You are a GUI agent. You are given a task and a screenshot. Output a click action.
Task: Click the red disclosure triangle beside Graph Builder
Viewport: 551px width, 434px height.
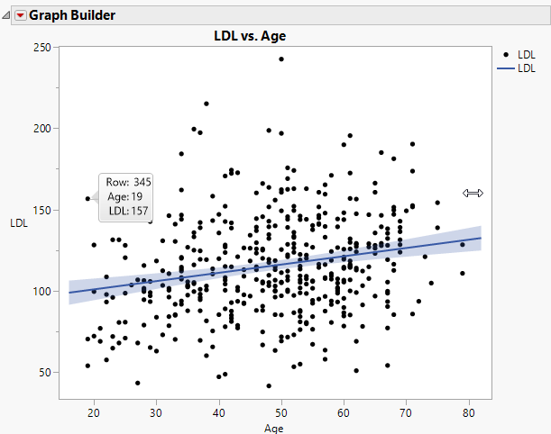pos(20,15)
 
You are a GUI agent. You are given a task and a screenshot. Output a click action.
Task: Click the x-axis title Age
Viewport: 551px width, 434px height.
pos(273,429)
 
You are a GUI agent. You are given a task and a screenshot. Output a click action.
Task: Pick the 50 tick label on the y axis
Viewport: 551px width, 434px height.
pos(41,372)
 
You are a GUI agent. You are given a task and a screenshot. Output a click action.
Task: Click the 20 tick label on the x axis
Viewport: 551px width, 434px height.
pos(94,411)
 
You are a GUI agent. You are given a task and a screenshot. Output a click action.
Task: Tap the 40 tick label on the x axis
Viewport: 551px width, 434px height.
pos(218,411)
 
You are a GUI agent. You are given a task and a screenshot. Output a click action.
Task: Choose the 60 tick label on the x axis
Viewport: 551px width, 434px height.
pos(344,411)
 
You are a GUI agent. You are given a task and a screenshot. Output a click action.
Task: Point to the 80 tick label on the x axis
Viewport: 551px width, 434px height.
pos(468,411)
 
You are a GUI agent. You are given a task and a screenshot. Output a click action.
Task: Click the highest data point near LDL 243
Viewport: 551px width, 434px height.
pos(281,59)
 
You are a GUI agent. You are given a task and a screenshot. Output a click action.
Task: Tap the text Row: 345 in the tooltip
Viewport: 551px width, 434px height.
pos(129,182)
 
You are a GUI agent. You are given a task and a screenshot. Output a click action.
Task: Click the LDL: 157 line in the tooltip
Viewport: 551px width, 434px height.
pos(129,211)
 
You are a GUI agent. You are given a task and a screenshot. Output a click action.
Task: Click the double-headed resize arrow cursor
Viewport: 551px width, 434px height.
pos(473,193)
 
